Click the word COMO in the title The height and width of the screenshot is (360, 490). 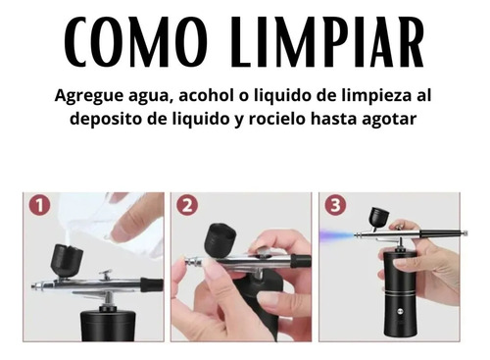[135, 42]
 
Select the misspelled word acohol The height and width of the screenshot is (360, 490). [206, 96]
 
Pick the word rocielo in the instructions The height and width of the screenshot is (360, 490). [277, 119]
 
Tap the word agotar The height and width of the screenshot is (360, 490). [389, 120]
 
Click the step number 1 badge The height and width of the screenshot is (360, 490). [39, 206]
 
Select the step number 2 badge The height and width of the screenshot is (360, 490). [187, 206]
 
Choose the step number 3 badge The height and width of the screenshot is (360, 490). [335, 206]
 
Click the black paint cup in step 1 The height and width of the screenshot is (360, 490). [67, 261]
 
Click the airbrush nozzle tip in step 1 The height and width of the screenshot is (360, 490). [33, 286]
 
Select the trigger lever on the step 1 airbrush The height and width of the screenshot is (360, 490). [106, 275]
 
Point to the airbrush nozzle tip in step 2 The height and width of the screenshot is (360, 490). [189, 261]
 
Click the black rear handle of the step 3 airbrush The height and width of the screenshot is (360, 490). [443, 233]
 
